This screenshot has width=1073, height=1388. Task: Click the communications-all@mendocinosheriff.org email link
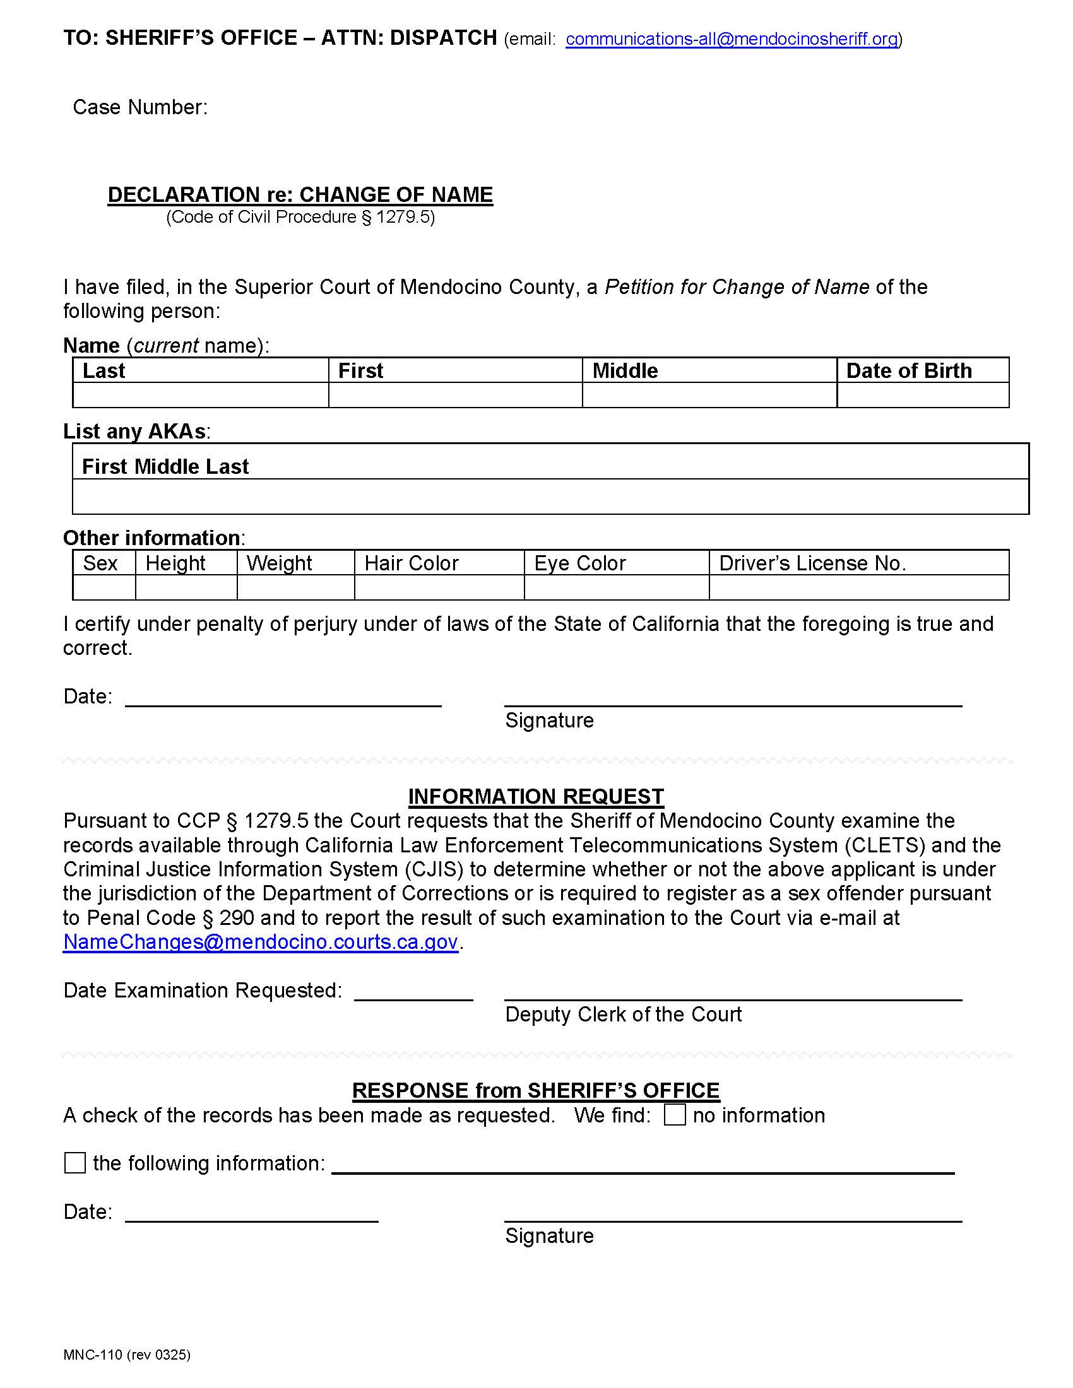click(x=731, y=39)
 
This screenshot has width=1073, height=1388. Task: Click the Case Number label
click(x=140, y=107)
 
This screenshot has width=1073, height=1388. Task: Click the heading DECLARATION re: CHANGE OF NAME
click(x=300, y=194)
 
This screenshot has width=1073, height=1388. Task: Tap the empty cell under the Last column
click(x=200, y=395)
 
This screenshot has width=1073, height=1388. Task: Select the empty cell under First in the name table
click(x=455, y=395)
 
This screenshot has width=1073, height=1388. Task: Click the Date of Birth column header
click(x=908, y=370)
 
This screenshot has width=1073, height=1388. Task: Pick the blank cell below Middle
click(x=709, y=395)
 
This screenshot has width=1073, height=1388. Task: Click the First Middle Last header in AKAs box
click(x=165, y=466)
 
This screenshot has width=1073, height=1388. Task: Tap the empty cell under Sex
click(x=104, y=587)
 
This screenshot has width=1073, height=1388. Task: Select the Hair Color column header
click(x=412, y=563)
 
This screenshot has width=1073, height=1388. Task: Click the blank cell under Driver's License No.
click(x=858, y=587)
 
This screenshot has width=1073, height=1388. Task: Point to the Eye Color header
click(x=579, y=563)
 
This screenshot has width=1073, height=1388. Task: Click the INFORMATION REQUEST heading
click(x=536, y=796)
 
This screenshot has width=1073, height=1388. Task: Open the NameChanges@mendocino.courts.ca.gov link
click(x=261, y=942)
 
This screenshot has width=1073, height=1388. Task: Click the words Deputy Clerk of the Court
click(x=623, y=1015)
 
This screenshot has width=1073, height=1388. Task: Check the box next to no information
click(x=675, y=1115)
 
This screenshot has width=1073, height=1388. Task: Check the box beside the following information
click(x=75, y=1163)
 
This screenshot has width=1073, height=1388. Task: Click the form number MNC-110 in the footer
click(x=93, y=1355)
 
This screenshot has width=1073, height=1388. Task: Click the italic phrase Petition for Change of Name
click(x=736, y=287)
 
